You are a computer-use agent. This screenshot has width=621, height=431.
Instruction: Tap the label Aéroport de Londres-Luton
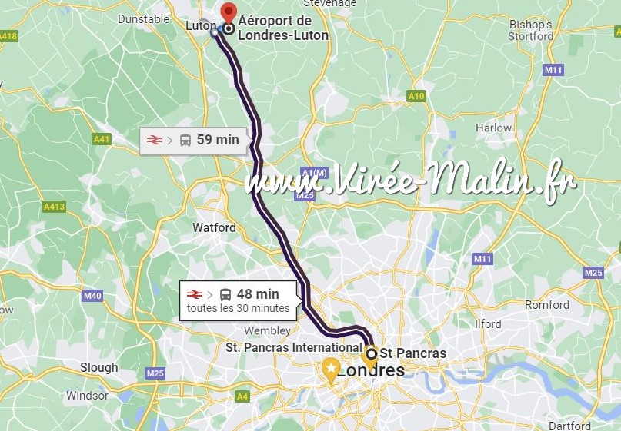(283, 28)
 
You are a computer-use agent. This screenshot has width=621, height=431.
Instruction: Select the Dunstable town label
(143, 18)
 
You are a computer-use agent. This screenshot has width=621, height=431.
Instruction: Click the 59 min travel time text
(218, 139)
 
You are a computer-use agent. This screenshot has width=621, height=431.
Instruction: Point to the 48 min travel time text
(258, 293)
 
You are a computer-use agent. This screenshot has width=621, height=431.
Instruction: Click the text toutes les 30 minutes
(239, 308)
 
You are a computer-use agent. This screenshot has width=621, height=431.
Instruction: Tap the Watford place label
(215, 227)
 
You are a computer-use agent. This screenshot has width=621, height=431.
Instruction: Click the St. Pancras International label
(293, 348)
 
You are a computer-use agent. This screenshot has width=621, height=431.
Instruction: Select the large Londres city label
(371, 370)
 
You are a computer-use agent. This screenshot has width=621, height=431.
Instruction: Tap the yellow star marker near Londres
(331, 370)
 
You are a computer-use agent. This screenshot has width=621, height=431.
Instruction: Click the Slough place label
(99, 367)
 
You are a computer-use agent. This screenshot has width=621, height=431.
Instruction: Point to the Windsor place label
(87, 396)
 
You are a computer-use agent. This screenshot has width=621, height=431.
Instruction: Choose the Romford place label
(547, 305)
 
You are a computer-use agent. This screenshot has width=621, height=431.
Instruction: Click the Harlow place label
(493, 128)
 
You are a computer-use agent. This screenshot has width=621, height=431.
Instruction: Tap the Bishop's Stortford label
(531, 30)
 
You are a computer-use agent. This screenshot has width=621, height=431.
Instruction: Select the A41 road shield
(101, 139)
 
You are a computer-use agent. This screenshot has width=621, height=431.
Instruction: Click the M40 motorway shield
(92, 296)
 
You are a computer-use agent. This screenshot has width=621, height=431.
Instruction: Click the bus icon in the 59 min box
(185, 140)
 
